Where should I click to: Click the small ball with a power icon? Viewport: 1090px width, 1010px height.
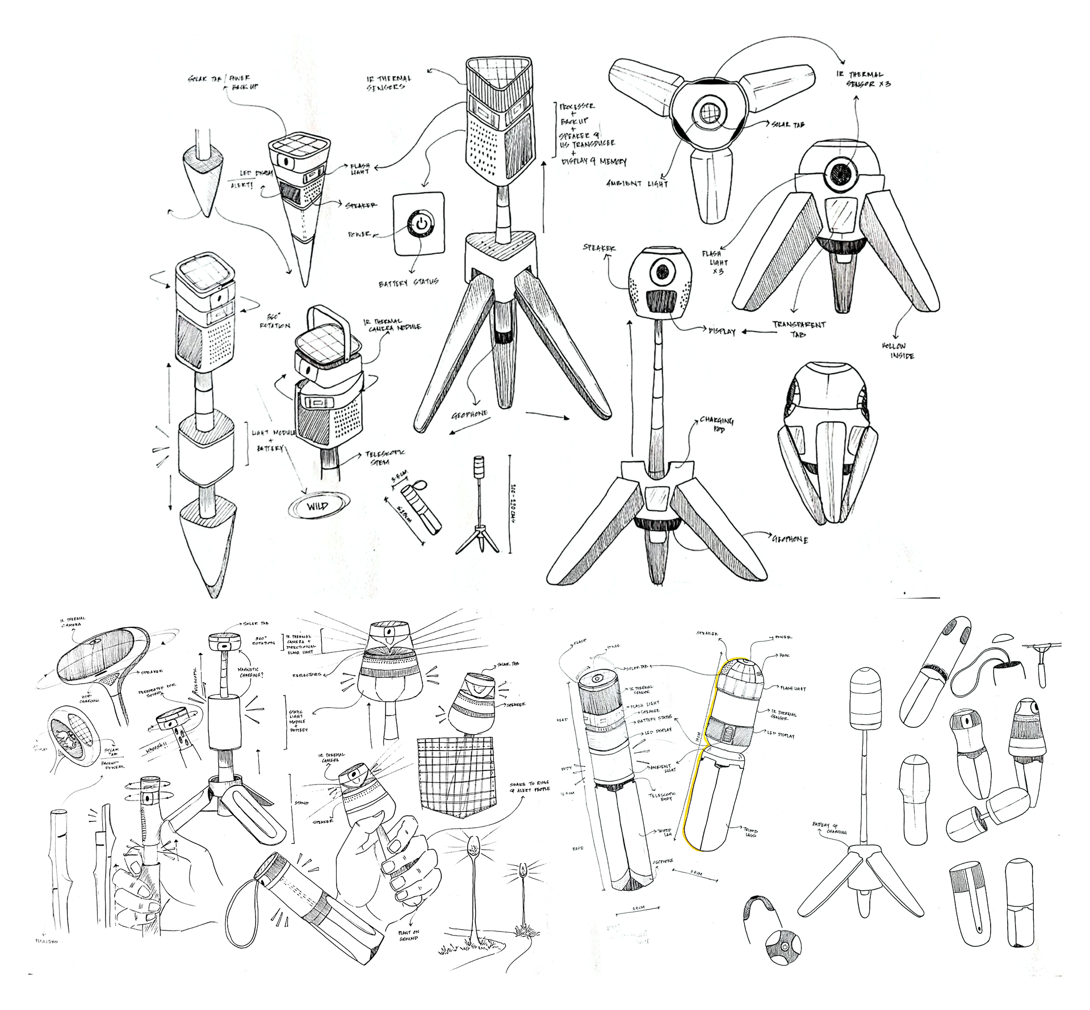[782, 948]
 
